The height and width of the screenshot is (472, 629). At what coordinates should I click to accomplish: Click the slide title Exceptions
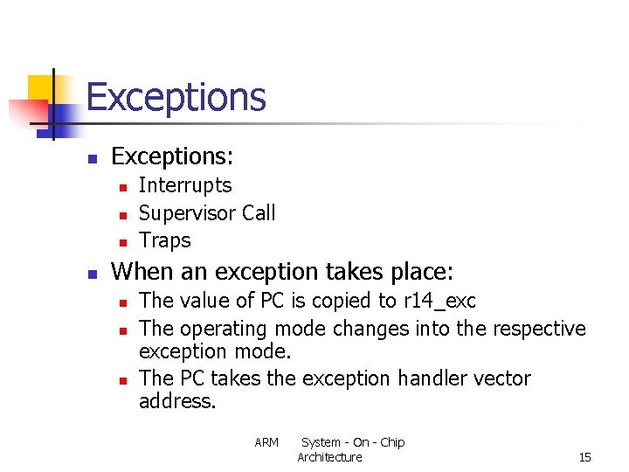(x=176, y=97)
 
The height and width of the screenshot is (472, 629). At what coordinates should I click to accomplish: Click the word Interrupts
(x=185, y=185)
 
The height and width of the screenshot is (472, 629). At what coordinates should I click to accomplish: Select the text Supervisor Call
(x=207, y=213)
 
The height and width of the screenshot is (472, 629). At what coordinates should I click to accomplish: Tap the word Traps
(x=164, y=240)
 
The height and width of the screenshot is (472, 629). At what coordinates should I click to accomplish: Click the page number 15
(x=584, y=457)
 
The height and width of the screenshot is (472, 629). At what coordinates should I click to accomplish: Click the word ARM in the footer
(x=266, y=442)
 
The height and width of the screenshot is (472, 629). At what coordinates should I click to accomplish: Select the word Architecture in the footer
(x=329, y=457)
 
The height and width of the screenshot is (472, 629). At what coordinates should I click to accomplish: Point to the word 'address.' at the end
(x=176, y=402)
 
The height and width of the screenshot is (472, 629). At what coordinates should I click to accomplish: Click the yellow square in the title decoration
(x=42, y=88)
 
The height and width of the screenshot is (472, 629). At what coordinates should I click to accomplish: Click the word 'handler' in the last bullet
(x=429, y=378)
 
